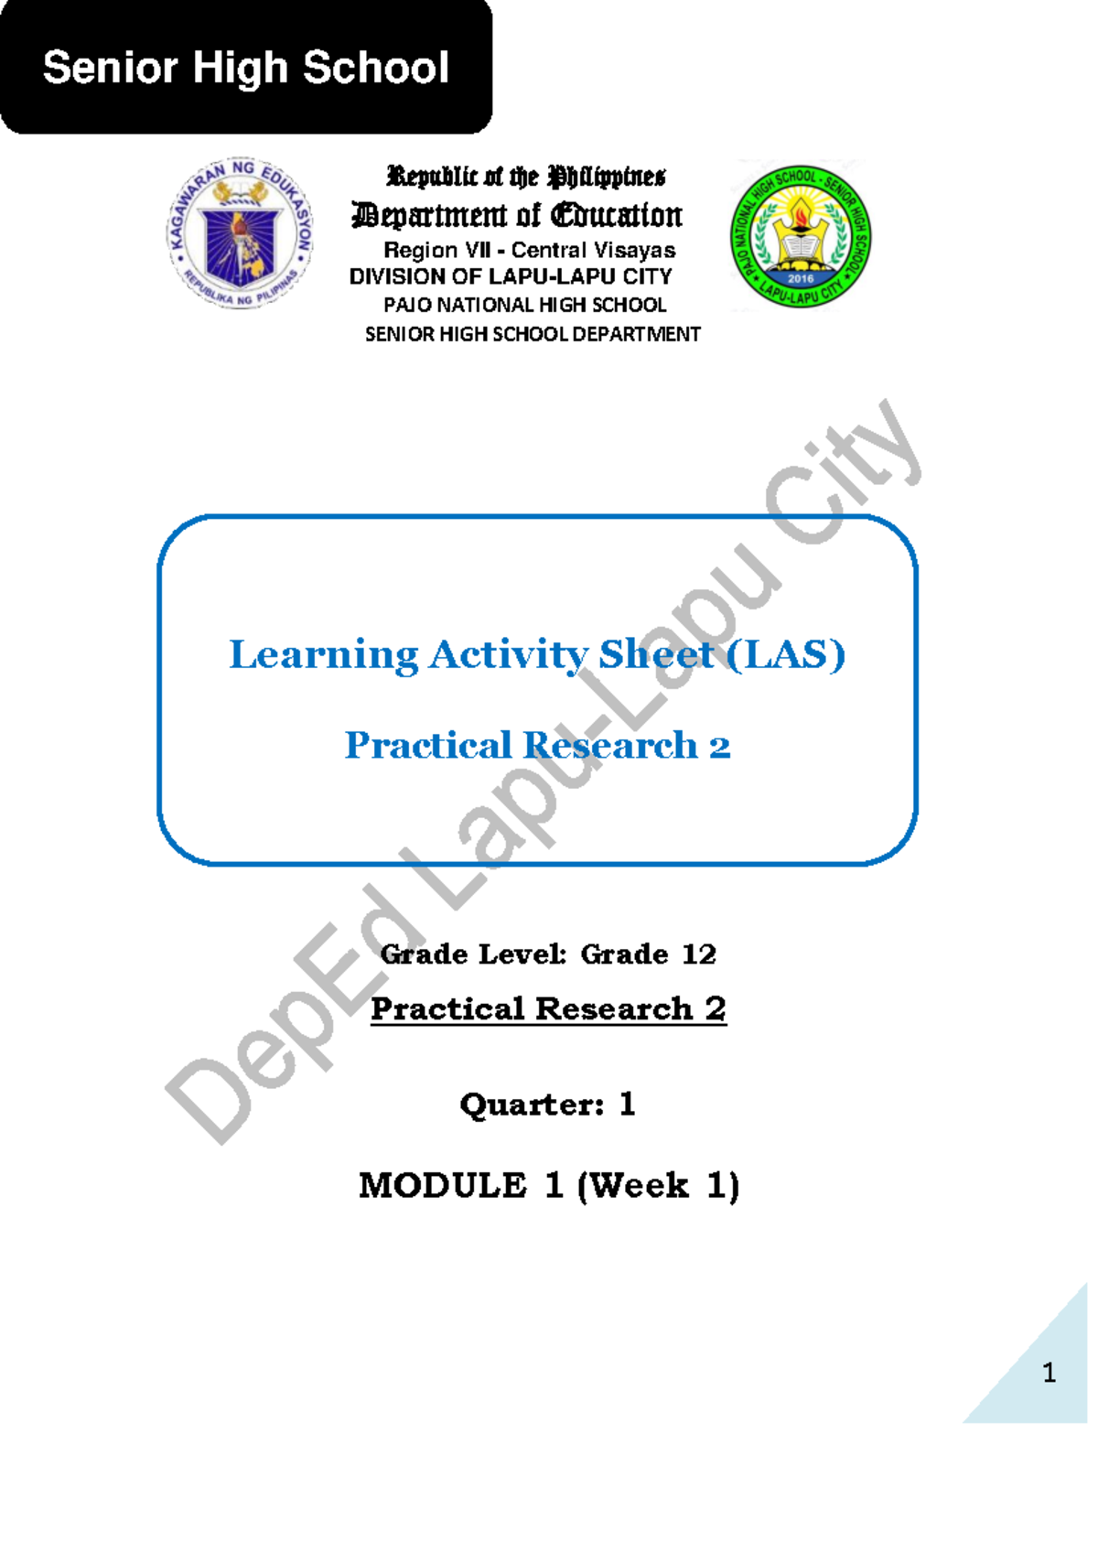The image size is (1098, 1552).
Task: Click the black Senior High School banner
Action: tap(245, 68)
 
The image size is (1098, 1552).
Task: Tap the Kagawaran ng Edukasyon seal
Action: tap(240, 232)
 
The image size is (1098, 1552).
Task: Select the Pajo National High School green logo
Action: tap(801, 235)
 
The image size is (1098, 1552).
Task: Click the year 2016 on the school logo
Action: tap(801, 278)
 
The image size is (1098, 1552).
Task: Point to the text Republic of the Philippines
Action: tap(526, 176)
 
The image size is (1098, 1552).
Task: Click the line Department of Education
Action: tap(517, 215)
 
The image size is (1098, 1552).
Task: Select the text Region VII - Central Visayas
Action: tap(529, 250)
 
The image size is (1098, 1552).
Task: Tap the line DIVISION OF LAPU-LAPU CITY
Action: tap(511, 276)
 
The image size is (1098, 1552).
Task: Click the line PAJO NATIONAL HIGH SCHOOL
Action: tap(524, 305)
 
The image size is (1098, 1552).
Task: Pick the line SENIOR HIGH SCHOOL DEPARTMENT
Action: tap(533, 334)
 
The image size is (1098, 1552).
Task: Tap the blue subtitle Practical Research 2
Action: tap(537, 746)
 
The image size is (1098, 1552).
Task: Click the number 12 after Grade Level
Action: tap(699, 954)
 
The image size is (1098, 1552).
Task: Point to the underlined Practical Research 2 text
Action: tap(548, 1008)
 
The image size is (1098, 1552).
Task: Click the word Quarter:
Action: tap(532, 1105)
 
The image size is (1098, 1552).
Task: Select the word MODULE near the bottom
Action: tap(443, 1185)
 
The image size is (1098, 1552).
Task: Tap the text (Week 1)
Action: tap(658, 1185)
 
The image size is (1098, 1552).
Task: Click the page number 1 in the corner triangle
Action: tap(1049, 1373)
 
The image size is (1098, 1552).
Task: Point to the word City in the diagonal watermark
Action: tap(842, 471)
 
